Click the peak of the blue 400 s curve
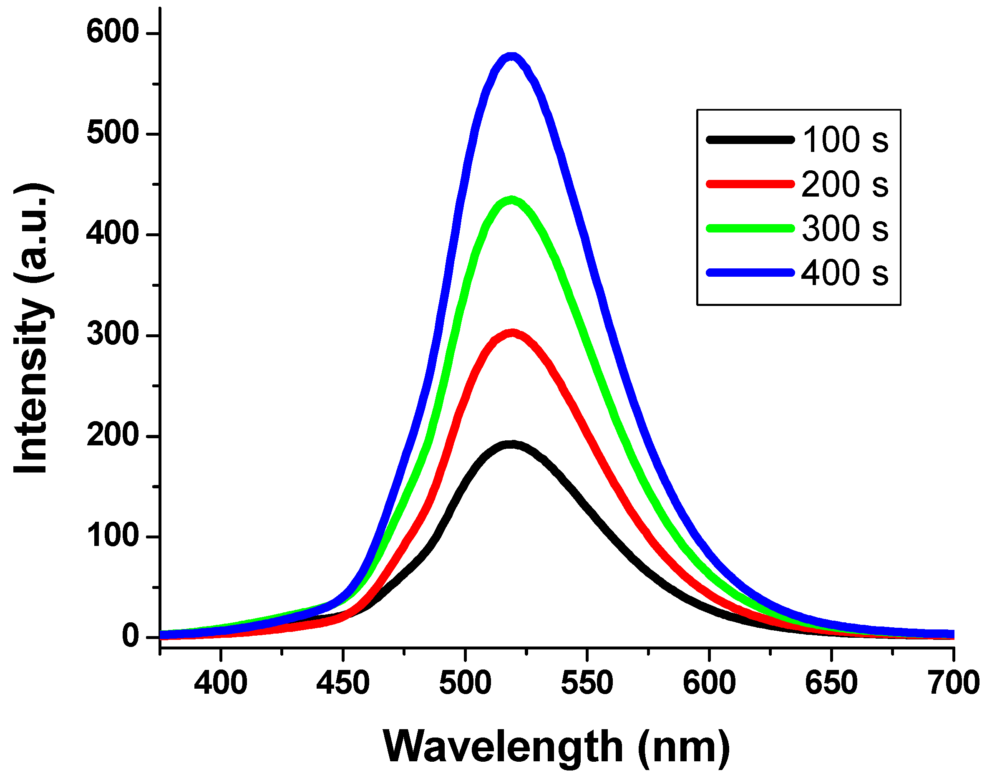pyautogui.click(x=512, y=57)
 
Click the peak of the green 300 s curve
pyautogui.click(x=512, y=200)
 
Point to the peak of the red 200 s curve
pyautogui.click(x=513, y=333)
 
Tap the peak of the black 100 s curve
pyautogui.click(x=512, y=444)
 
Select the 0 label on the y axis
pyautogui.click(x=131, y=636)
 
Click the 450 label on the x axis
pyautogui.click(x=343, y=683)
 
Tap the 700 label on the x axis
pyautogui.click(x=953, y=683)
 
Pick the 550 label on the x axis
pyautogui.click(x=587, y=683)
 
